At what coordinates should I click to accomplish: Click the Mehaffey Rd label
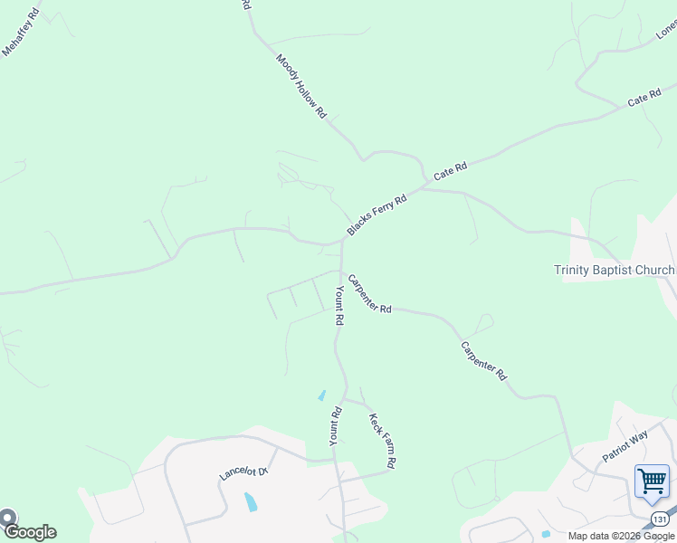[x=22, y=33]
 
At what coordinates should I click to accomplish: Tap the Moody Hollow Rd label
[x=301, y=87]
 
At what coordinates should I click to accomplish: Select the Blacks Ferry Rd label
[x=377, y=215]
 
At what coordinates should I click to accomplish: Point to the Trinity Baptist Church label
[x=615, y=270]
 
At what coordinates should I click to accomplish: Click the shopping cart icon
[x=652, y=481]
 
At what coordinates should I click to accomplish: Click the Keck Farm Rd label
[x=383, y=440]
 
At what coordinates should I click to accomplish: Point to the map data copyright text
[x=621, y=536]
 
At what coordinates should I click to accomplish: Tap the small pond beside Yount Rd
[x=321, y=395]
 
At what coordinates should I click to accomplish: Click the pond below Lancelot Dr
[x=250, y=502]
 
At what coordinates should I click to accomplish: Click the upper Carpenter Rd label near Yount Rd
[x=369, y=294]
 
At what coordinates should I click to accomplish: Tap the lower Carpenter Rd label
[x=483, y=359]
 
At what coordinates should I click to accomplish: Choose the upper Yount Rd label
[x=338, y=305]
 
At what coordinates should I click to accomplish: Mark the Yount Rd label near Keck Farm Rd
[x=335, y=425]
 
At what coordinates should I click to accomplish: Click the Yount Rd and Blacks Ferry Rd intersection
[x=342, y=243]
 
